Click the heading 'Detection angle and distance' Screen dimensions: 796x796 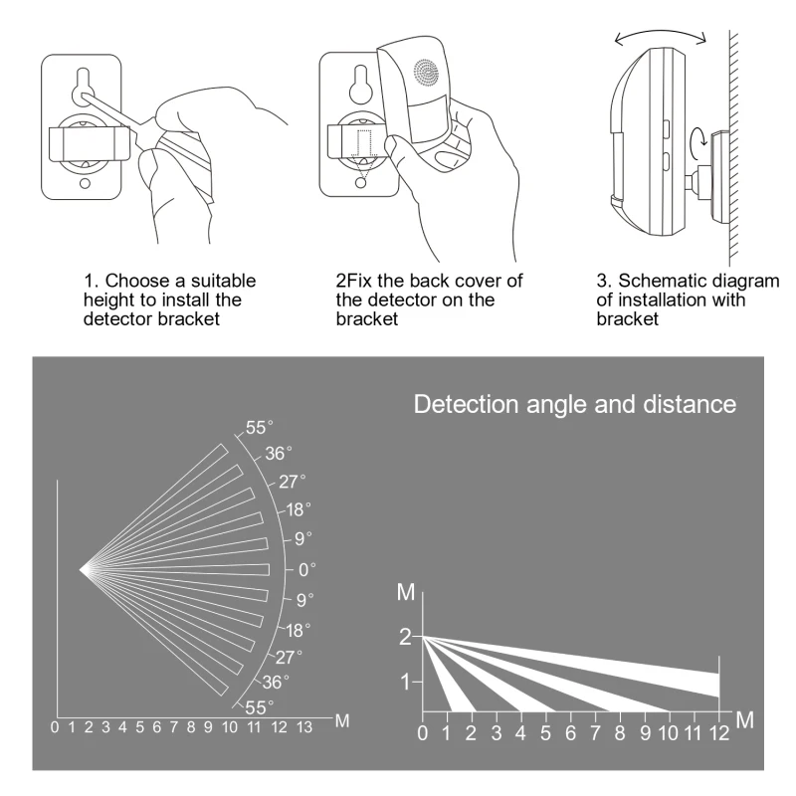tap(574, 405)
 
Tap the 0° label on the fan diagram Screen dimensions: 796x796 tap(306, 569)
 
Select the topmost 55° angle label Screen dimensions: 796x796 tap(258, 428)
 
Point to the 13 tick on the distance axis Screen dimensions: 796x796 tap(303, 727)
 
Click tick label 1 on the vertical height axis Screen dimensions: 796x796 tap(405, 683)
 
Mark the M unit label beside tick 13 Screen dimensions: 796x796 tap(341, 720)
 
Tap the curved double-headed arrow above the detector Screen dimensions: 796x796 tap(661, 34)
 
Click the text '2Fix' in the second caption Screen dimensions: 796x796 tap(354, 281)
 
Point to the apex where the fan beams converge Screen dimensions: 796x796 tap(83, 569)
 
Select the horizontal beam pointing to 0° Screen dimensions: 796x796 tap(179, 569)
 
